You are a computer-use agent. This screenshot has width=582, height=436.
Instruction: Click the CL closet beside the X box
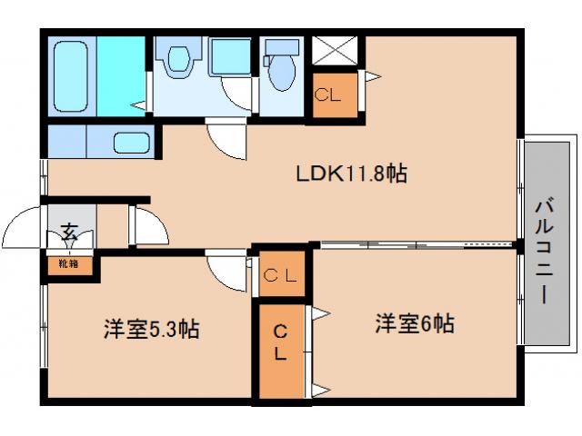328,93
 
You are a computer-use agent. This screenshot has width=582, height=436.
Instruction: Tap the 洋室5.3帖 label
150,329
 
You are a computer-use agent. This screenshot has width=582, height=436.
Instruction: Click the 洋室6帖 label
415,322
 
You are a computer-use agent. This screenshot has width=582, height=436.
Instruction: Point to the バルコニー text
547,246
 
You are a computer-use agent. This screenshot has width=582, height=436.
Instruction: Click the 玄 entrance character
69,232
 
